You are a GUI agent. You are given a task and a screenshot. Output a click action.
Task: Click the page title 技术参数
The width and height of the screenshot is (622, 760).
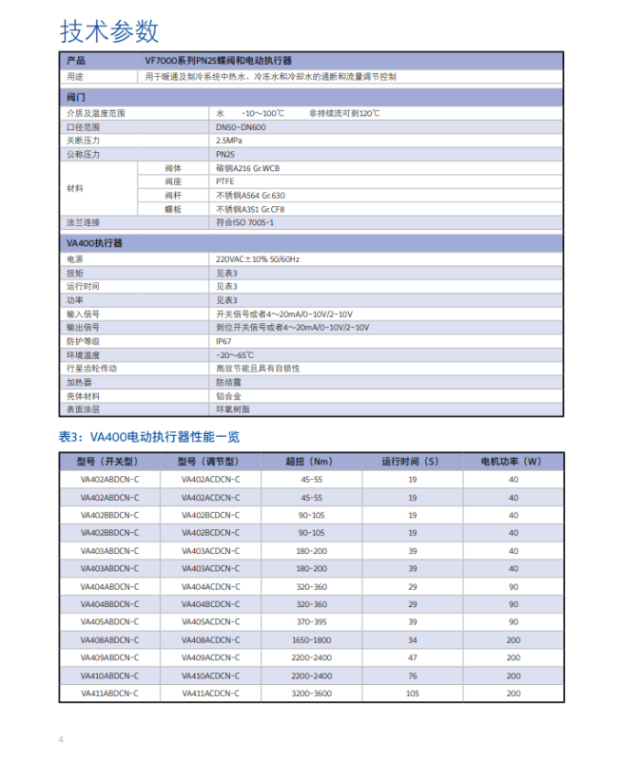point(109,31)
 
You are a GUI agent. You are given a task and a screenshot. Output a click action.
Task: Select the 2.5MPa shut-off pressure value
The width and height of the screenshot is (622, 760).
point(231,140)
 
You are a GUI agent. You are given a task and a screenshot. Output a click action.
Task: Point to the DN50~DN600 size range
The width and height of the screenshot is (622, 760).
point(241,126)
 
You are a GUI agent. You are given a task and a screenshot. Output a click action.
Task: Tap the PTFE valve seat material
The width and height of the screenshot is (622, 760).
point(226,181)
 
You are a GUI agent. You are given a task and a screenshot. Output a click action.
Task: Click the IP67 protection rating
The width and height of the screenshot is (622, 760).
point(224,340)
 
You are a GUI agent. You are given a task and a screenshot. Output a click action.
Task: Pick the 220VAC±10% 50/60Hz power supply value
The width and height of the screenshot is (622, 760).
point(258,258)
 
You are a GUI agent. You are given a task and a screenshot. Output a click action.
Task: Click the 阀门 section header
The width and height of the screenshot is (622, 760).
point(77,97)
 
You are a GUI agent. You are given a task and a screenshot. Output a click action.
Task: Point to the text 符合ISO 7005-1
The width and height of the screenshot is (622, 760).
point(244,221)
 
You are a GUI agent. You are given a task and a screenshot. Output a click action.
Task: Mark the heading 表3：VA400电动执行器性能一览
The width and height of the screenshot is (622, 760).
point(149,437)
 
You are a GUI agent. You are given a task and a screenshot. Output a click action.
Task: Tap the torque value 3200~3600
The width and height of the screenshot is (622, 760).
point(311,693)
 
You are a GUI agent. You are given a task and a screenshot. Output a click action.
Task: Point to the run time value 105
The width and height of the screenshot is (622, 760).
point(412,693)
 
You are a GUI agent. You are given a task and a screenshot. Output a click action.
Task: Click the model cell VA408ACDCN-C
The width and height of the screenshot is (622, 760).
point(210,640)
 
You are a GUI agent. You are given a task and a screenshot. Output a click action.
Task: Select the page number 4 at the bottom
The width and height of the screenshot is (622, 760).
point(62,739)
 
